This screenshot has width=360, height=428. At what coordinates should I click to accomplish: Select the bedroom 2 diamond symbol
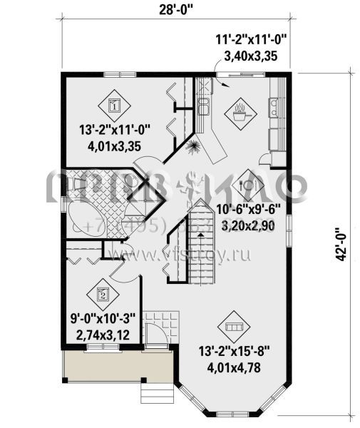click(x=103, y=293)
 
